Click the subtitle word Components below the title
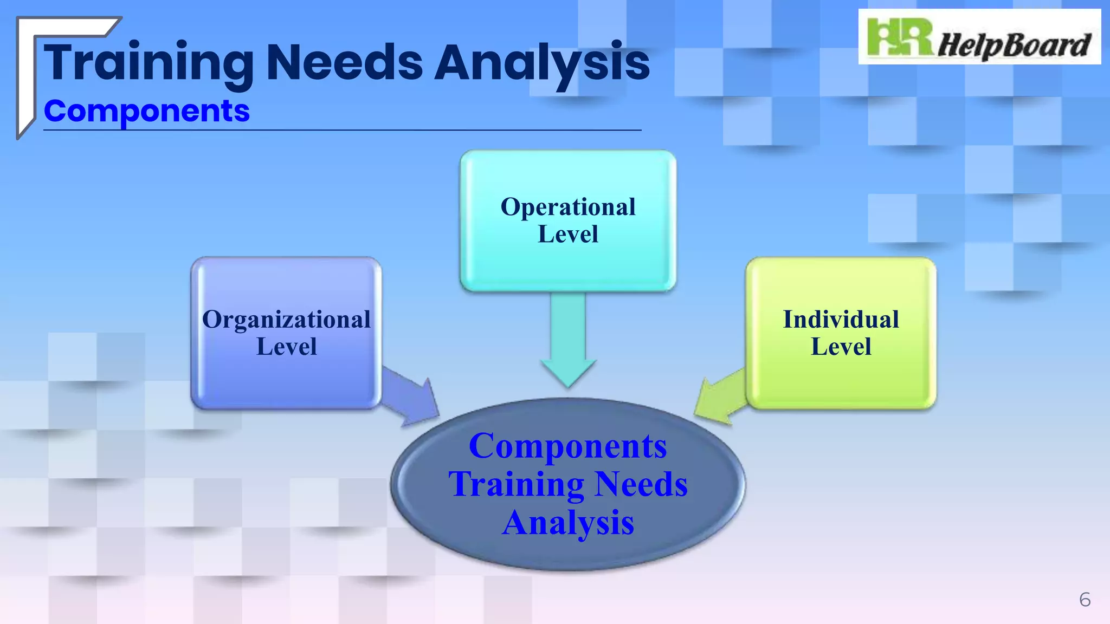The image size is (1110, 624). [146, 112]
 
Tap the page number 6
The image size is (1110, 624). [1085, 600]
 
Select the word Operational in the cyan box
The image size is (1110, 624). [568, 207]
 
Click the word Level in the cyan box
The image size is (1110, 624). [568, 235]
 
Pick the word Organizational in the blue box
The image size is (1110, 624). [286, 320]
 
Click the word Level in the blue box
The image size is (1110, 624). [286, 347]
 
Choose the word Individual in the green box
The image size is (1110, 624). [841, 320]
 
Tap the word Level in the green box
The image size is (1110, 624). [841, 347]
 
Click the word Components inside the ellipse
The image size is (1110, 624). [567, 446]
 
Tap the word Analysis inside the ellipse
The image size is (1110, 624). [567, 523]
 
